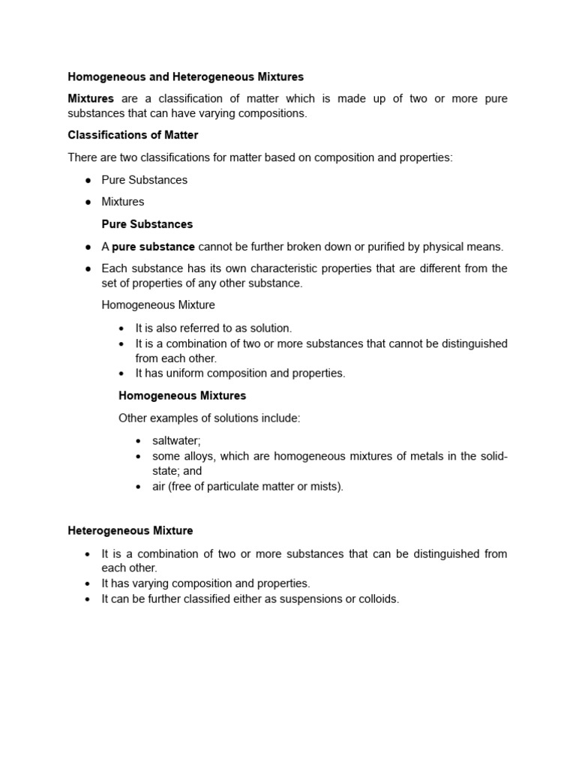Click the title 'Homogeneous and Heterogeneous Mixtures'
[x=185, y=76]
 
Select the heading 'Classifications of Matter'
[x=133, y=135]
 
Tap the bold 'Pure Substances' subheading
[x=147, y=224]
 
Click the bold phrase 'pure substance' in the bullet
[x=153, y=247]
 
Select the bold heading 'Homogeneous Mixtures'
[x=182, y=395]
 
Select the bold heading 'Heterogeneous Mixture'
[x=130, y=530]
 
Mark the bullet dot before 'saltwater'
[x=139, y=442]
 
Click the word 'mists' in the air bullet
[x=325, y=486]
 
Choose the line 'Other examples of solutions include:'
[x=209, y=418]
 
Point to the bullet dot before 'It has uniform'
[x=121, y=373]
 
